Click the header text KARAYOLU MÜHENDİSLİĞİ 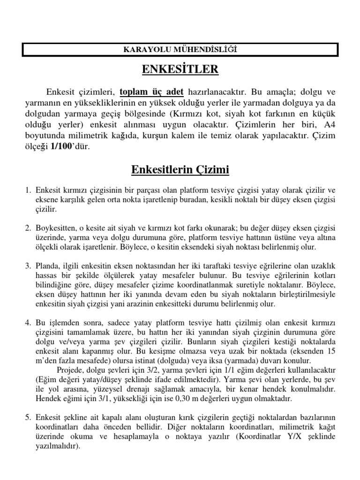pos(180,49)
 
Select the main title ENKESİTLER pos(180,70)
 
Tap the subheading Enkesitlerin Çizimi pos(180,169)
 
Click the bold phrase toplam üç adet pos(151,91)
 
